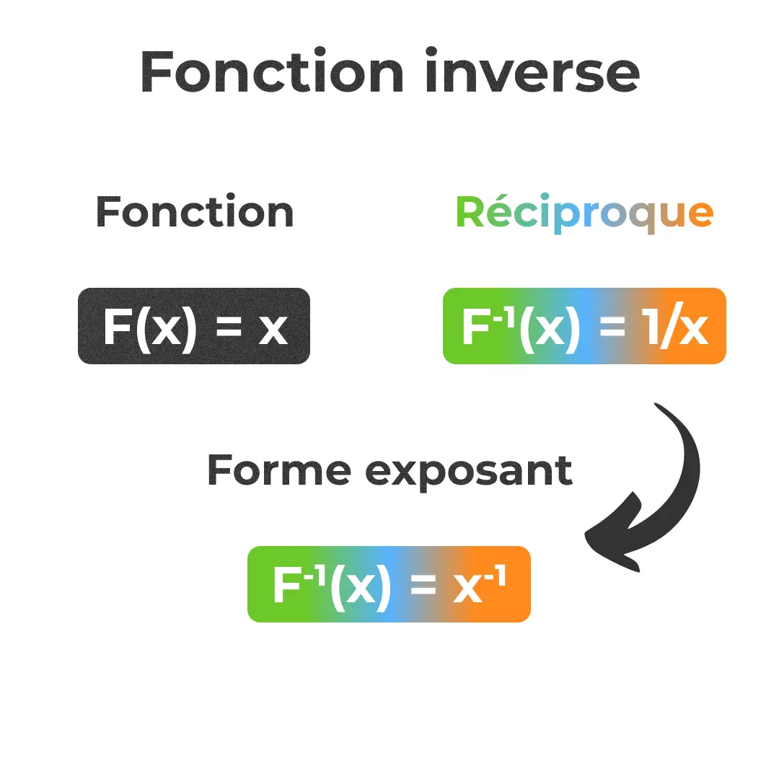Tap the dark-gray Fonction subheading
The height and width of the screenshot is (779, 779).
[194, 212]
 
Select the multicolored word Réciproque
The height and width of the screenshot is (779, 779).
[585, 214]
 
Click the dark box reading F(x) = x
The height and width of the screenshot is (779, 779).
[194, 326]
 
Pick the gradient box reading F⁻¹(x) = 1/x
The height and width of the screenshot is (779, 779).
[585, 326]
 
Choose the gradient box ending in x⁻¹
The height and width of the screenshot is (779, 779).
[389, 584]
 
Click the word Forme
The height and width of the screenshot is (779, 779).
[279, 470]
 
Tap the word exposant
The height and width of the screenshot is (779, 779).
[469, 472]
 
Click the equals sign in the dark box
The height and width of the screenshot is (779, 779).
[229, 327]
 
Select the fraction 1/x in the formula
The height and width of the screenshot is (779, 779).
[677, 325]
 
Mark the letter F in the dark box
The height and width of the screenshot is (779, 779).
[117, 327]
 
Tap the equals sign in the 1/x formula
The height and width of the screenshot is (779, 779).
[612, 327]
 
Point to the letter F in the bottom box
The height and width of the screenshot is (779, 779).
[286, 585]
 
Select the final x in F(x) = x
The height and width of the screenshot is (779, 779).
[273, 330]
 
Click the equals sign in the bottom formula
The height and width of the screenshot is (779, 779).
[423, 586]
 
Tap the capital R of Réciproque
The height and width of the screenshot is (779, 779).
[473, 212]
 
